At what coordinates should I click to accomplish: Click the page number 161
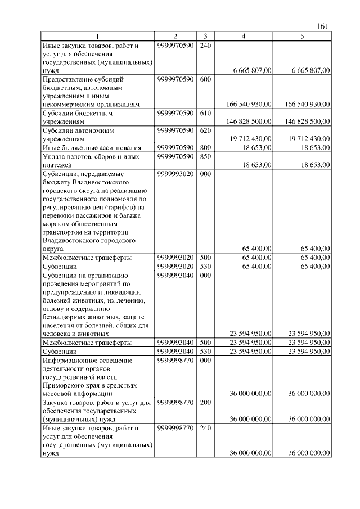pos(322,26)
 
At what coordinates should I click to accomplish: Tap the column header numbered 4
pos(243,37)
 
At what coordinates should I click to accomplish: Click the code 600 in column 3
pos(205,79)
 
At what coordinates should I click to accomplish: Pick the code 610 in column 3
pos(205,113)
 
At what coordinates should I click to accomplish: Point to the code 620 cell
pos(205,130)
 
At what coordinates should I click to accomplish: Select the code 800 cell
pos(205,147)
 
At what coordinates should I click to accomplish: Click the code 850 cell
pos(205,156)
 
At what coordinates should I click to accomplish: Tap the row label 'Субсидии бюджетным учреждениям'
pos(78,117)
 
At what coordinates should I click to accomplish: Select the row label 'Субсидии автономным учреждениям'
pos(78,134)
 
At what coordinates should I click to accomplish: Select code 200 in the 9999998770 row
pos(205,402)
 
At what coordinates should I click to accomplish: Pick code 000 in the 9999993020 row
pos(205,174)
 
